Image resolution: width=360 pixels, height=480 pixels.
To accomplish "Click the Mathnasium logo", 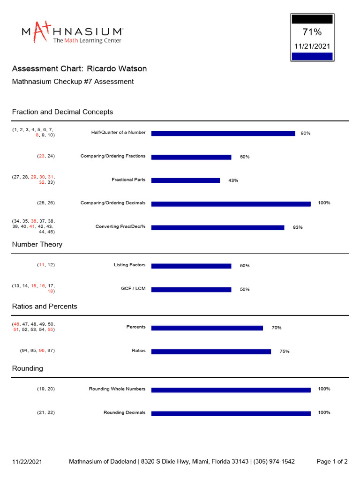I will point(73,33).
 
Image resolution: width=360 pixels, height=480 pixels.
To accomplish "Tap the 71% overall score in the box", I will point(312,32).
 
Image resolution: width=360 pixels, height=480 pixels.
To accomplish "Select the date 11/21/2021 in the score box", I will point(312,46).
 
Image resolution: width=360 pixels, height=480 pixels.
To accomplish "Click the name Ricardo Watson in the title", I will point(117,69).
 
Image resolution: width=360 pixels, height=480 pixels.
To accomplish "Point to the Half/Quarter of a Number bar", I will point(223,134).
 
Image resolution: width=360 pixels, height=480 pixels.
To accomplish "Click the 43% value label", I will point(233,180).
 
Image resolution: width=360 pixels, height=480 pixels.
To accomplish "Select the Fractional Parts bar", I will point(186,180).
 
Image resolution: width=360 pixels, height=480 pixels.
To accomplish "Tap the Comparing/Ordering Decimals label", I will point(113,203).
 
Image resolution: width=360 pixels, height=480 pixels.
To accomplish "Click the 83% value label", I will point(298,227).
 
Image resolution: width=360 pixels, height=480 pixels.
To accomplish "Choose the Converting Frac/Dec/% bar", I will point(217,227).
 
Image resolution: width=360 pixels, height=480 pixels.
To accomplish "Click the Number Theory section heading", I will point(37,244).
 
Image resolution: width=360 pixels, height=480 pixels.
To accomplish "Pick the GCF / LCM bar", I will point(191,289).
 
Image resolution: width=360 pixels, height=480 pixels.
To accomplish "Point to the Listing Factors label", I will point(129,265).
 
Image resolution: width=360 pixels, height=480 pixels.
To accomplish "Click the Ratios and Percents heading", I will point(45,306).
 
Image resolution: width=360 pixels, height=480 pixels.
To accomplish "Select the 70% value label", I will point(277,328).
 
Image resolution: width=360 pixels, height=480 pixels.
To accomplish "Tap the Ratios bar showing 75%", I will point(211,352).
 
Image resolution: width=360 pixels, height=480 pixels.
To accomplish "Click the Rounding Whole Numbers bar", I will point(231,390).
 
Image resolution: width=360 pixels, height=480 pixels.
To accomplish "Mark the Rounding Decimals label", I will point(124,412).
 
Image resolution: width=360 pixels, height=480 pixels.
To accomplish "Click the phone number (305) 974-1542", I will point(274,462).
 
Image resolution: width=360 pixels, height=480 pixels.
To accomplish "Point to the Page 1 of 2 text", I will point(332,462).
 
